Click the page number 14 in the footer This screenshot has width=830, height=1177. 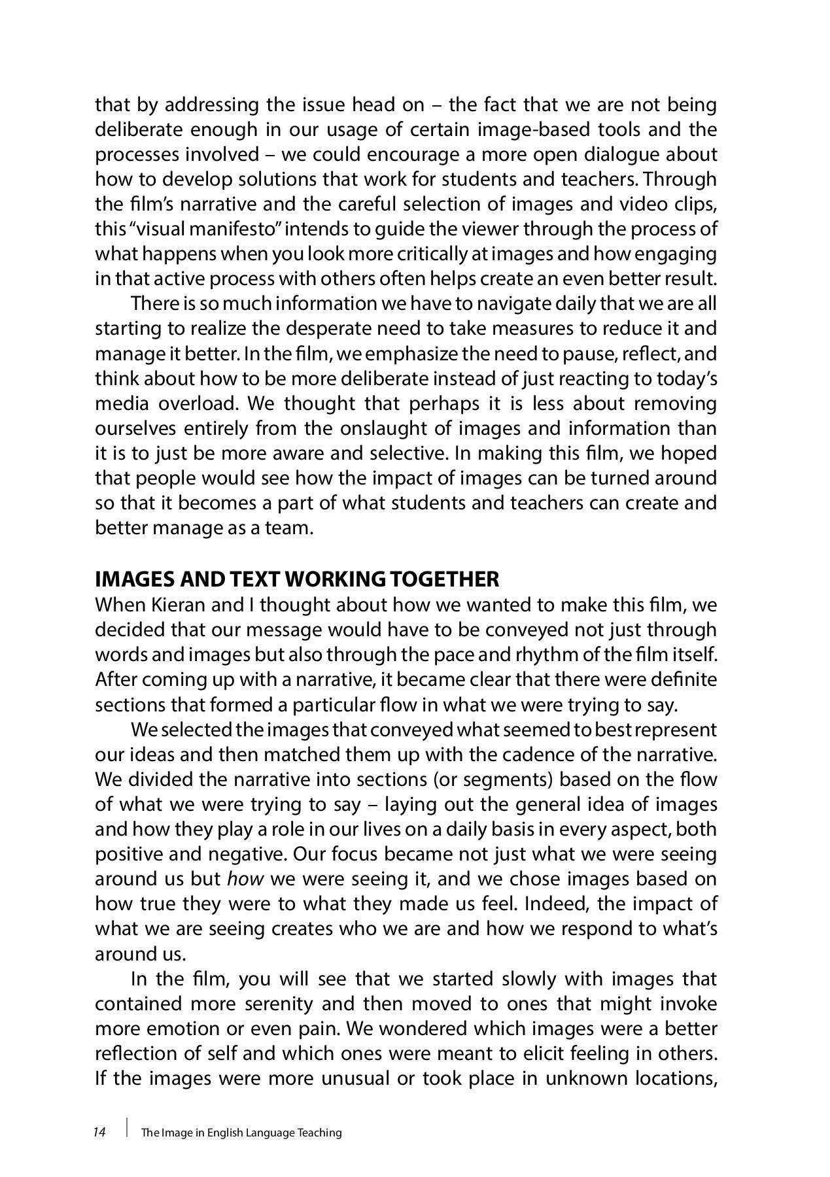coord(99,1132)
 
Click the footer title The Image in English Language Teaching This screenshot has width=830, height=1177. coord(241,1133)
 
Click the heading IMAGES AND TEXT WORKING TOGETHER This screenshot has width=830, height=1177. coord(297,579)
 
